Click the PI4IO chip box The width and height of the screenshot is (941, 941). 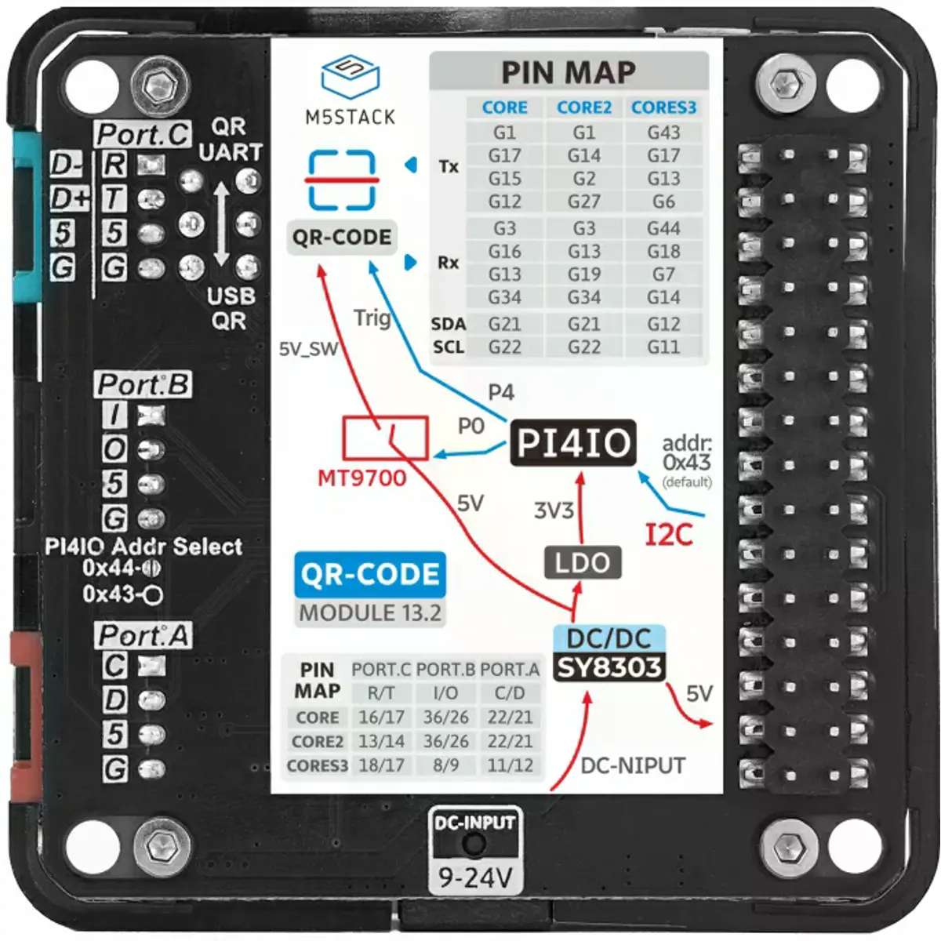[573, 443]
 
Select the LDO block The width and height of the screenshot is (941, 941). [582, 562]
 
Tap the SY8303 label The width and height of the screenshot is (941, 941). [609, 667]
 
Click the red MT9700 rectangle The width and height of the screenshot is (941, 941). [385, 438]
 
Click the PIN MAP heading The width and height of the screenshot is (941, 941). [569, 72]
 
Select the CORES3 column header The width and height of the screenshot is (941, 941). [663, 107]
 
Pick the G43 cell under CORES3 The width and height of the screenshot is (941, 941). [663, 133]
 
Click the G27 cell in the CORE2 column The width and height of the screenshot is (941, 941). [584, 202]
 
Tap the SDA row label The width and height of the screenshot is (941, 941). [449, 324]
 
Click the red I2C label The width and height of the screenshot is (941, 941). [669, 535]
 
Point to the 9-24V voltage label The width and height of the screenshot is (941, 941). [475, 877]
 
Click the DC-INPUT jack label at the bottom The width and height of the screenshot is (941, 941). [475, 823]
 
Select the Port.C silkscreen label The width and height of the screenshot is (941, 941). [143, 135]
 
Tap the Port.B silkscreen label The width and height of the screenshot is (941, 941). [143, 385]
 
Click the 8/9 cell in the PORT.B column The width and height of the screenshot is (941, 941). [445, 765]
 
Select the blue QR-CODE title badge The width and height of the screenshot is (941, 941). [370, 575]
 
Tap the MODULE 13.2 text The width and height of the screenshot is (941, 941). [370, 612]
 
